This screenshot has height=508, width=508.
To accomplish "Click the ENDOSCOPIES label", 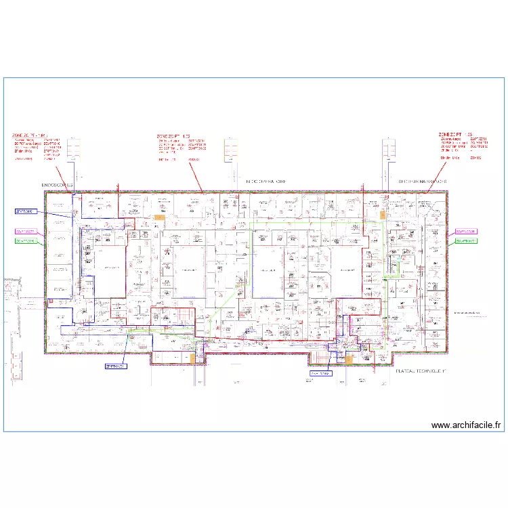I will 56,184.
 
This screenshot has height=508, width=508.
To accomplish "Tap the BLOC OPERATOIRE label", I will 266,182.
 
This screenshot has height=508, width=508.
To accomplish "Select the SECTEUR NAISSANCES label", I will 422,182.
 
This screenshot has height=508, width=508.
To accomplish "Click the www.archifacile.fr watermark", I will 466,425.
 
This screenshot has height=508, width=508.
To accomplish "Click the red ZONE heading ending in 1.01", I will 30,135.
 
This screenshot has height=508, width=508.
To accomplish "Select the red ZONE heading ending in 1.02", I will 173,136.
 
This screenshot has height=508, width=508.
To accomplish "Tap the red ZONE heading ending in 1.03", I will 454,135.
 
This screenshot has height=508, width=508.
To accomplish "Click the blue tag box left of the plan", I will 24,211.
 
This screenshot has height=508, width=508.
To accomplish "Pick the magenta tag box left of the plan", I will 25,230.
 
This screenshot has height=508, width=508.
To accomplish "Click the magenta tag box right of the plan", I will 466,231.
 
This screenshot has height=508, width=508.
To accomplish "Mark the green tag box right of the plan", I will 466,240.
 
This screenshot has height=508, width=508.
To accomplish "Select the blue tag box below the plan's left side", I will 116,366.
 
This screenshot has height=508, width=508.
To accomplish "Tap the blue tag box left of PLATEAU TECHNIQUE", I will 321,373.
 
